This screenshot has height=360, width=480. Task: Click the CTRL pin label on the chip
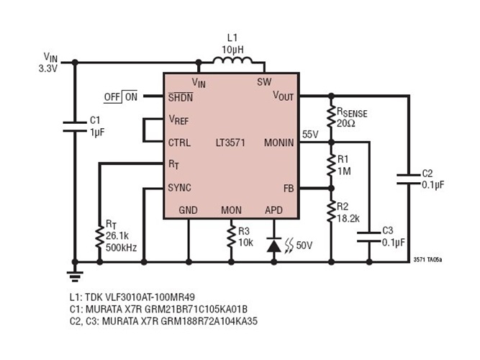(179, 143)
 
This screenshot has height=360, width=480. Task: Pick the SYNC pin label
(180, 188)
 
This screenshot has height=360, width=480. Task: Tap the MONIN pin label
(279, 143)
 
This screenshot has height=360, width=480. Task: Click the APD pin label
(274, 210)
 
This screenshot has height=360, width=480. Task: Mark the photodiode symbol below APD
(274, 245)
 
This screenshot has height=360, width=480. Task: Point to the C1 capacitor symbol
(74, 127)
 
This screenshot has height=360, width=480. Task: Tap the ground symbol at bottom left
(74, 272)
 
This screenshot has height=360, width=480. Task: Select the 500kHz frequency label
(122, 248)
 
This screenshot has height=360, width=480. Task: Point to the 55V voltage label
(310, 134)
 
